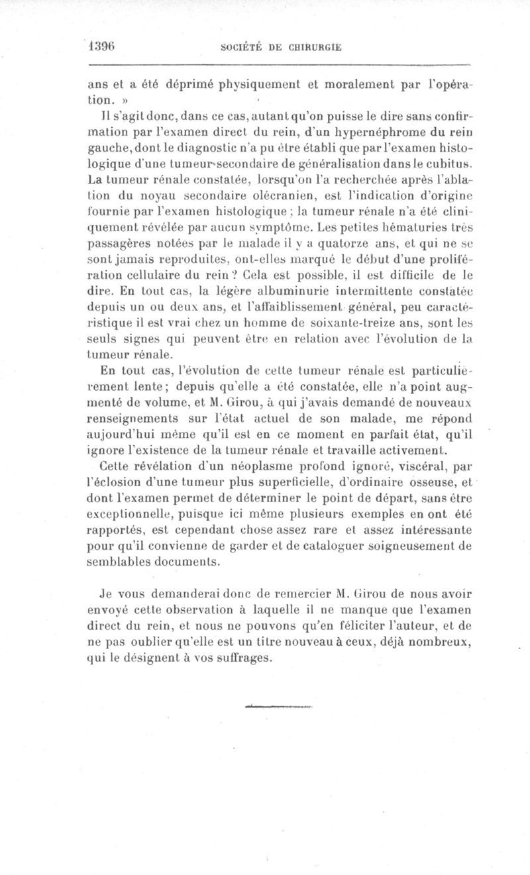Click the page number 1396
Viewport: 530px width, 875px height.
click(x=103, y=47)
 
